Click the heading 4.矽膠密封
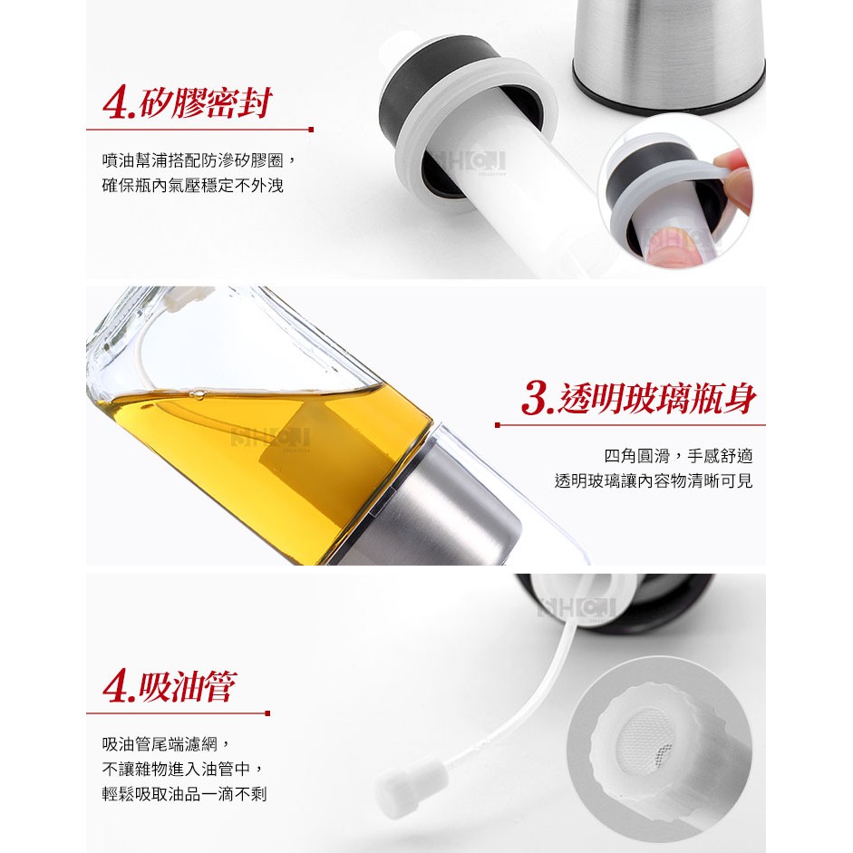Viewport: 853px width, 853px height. [x=187, y=102]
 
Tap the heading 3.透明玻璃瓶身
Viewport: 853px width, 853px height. [x=638, y=398]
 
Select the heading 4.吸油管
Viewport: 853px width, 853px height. [x=170, y=686]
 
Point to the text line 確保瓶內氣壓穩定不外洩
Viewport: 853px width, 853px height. [x=192, y=186]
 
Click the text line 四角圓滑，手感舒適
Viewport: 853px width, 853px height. [x=678, y=455]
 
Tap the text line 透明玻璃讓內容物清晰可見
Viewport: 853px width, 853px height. [x=654, y=481]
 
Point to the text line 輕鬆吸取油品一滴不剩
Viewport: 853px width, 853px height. [x=184, y=794]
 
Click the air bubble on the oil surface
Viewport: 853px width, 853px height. [x=198, y=394]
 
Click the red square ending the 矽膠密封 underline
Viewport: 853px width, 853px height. [x=311, y=130]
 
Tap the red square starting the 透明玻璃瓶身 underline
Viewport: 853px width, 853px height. [x=498, y=425]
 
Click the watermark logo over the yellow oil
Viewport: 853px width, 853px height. [x=270, y=437]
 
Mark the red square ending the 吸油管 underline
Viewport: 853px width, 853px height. [x=267, y=712]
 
